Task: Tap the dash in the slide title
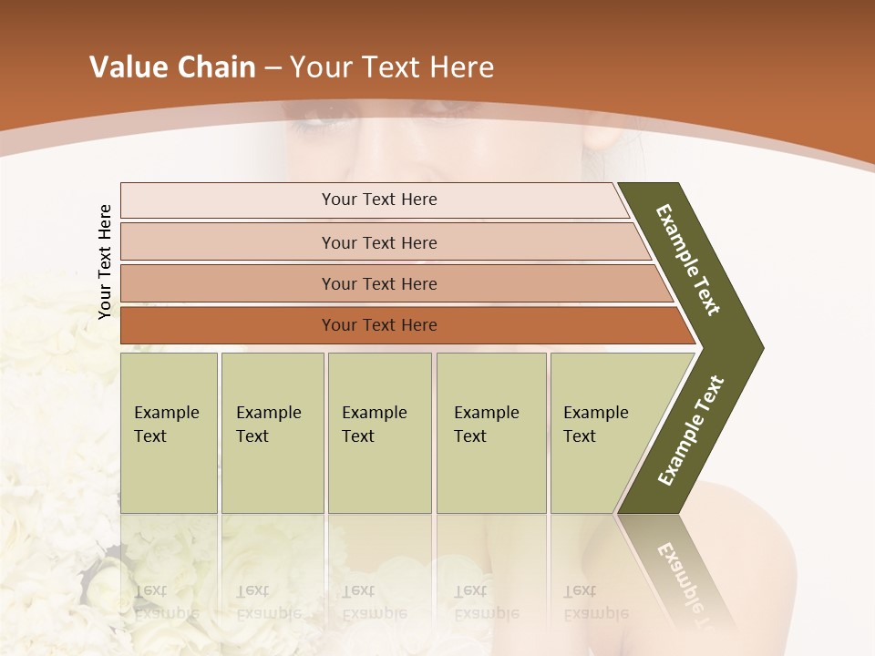pos(273,68)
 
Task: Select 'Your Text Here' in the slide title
pos(392,67)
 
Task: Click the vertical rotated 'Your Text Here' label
pos(105,262)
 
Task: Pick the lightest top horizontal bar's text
pos(379,200)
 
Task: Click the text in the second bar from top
pos(379,243)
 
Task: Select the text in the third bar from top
pos(379,284)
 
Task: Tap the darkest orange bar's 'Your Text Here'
pos(379,325)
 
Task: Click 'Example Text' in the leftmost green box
pos(166,425)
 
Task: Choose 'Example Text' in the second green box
pos(268,425)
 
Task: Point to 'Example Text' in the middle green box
pos(374,425)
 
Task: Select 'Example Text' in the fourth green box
pos(486,425)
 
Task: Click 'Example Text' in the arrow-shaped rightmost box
pos(595,425)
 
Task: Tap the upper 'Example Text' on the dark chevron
pos(688,260)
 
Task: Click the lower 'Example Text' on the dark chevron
pos(691,431)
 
